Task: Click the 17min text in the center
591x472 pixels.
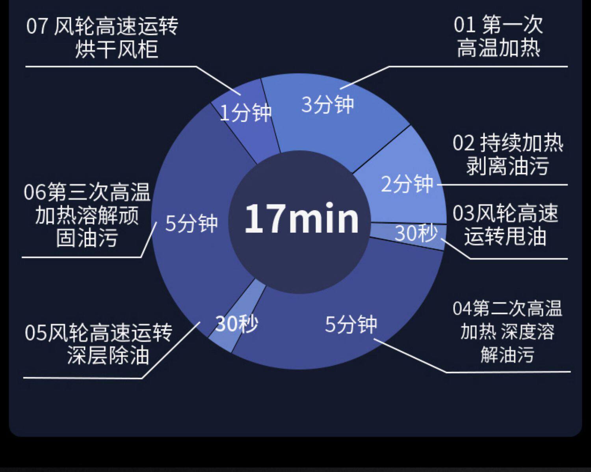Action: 301,219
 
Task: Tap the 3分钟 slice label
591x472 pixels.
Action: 327,104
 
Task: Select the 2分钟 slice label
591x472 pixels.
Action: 407,184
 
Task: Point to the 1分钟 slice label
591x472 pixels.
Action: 245,113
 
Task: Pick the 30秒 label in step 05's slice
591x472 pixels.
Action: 236,324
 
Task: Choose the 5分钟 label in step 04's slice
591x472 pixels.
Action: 351,324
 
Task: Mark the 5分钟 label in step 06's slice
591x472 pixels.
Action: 191,223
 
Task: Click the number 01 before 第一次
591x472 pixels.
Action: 464,25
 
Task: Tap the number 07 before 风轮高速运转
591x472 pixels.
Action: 37,26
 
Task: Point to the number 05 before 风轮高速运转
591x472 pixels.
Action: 35,333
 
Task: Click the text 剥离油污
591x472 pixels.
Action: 507,166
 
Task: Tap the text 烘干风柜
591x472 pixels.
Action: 117,49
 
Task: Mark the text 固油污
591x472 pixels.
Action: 87,238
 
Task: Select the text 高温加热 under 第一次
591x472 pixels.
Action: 498,48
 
